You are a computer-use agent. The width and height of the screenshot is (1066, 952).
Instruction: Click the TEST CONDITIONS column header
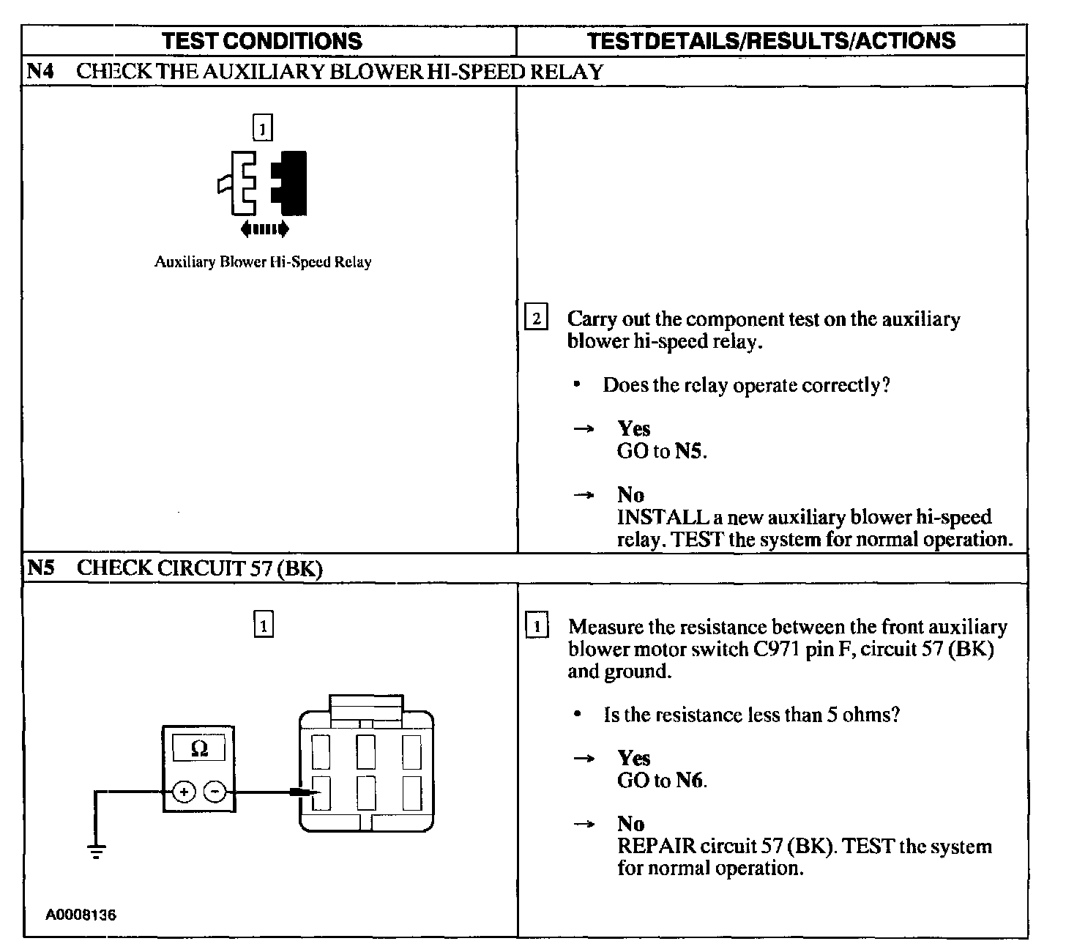click(261, 40)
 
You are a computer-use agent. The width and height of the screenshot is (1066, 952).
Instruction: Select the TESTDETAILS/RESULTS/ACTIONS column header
click(771, 40)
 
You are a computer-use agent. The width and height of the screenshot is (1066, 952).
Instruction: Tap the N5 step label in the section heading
click(41, 568)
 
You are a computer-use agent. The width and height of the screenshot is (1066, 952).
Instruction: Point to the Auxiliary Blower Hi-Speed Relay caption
click(262, 262)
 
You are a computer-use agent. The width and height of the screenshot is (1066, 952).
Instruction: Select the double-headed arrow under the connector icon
click(265, 229)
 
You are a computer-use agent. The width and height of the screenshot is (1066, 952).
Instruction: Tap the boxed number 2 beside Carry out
click(537, 319)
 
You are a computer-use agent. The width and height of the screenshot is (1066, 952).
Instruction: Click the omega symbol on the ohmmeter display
click(198, 748)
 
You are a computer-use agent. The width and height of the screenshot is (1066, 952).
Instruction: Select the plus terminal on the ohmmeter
click(184, 792)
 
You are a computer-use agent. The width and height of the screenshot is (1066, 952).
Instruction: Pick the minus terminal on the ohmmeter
click(214, 792)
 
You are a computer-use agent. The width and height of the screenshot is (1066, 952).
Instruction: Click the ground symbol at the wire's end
click(96, 849)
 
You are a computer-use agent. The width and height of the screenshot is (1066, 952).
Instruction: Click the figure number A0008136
click(81, 915)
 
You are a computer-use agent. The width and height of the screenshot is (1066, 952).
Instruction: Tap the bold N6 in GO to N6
click(689, 781)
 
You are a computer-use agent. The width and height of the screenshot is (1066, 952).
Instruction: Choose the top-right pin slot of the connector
click(411, 751)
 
